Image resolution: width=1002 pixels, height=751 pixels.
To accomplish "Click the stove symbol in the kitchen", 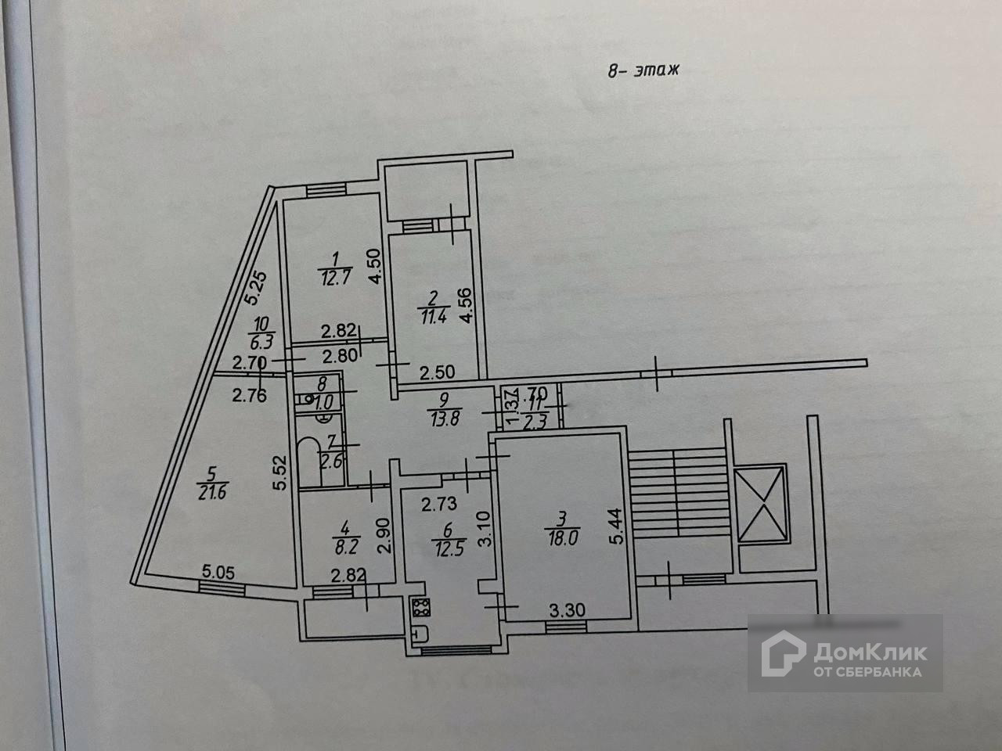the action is [x=417, y=607].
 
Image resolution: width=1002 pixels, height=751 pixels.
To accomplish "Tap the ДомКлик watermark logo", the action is [x=845, y=654].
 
